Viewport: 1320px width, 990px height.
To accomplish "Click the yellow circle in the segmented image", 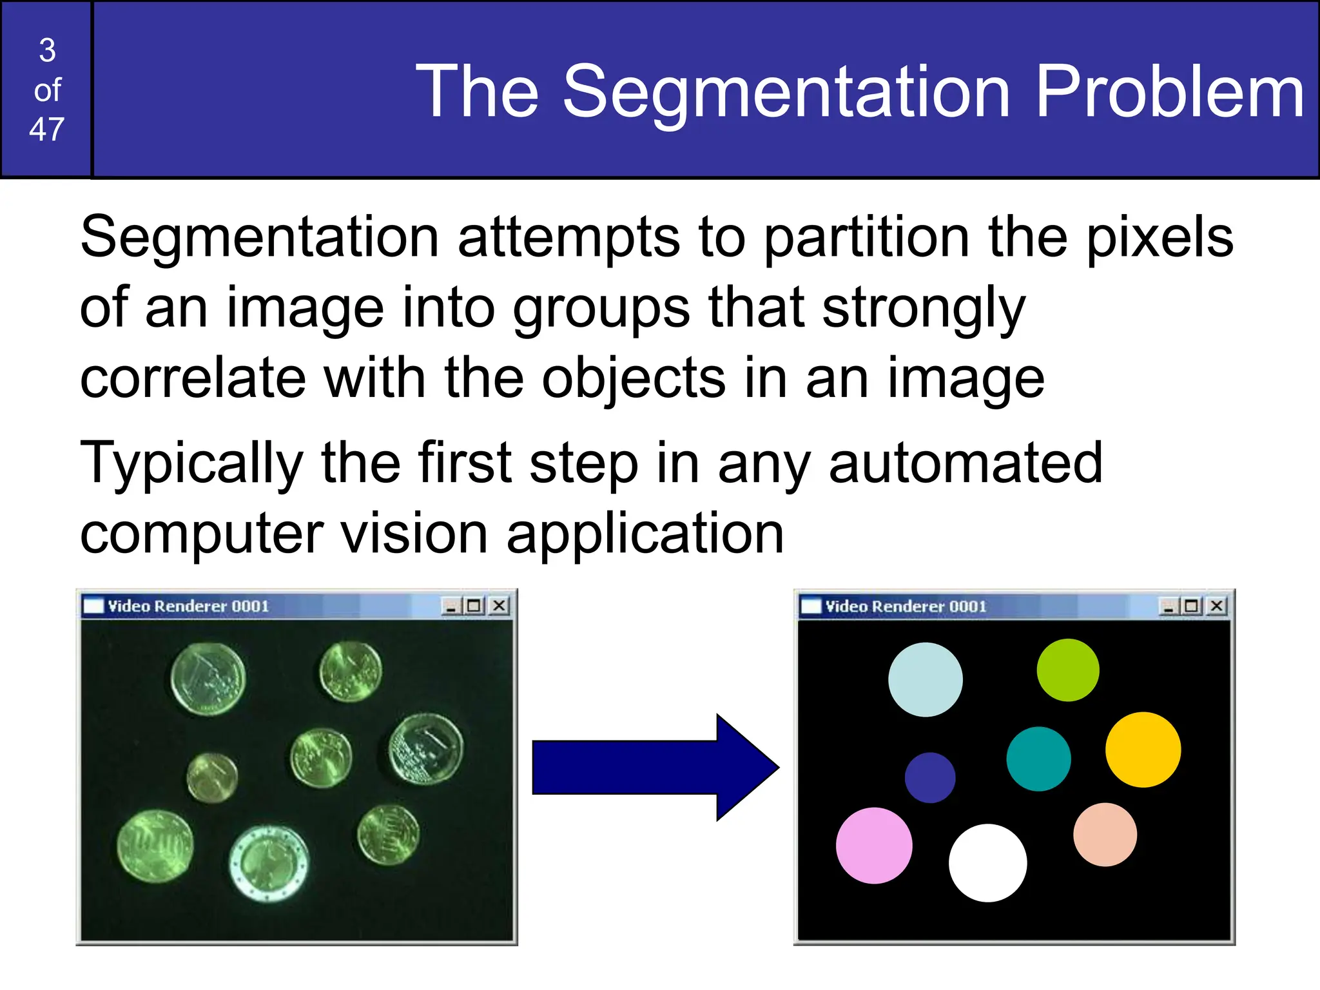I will click(x=1143, y=750).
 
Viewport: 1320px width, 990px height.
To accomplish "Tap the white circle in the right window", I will click(x=987, y=862).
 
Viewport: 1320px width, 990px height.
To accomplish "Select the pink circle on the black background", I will click(x=874, y=845).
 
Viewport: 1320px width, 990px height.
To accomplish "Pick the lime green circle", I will click(x=1068, y=670).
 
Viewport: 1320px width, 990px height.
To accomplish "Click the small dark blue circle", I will click(x=930, y=777).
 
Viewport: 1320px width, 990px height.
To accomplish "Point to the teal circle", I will click(x=1038, y=759).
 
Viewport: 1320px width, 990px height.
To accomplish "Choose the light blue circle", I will click(x=926, y=679).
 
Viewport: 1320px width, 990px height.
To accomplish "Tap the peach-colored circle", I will click(x=1105, y=834).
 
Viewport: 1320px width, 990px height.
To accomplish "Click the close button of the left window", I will click(x=499, y=606).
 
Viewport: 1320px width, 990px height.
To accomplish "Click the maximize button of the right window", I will click(x=1191, y=606).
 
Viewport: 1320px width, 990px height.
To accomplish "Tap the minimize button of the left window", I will click(x=451, y=606).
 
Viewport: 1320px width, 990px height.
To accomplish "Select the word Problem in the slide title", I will click(x=1170, y=92).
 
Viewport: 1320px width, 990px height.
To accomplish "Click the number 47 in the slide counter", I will click(x=46, y=130).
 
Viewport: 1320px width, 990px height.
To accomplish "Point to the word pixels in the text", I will click(x=1160, y=237).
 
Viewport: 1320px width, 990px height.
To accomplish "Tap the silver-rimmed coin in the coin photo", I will click(x=269, y=864).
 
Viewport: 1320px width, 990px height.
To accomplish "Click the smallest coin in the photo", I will click(x=212, y=777).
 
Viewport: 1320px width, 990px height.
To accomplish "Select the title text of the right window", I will click(x=906, y=606).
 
